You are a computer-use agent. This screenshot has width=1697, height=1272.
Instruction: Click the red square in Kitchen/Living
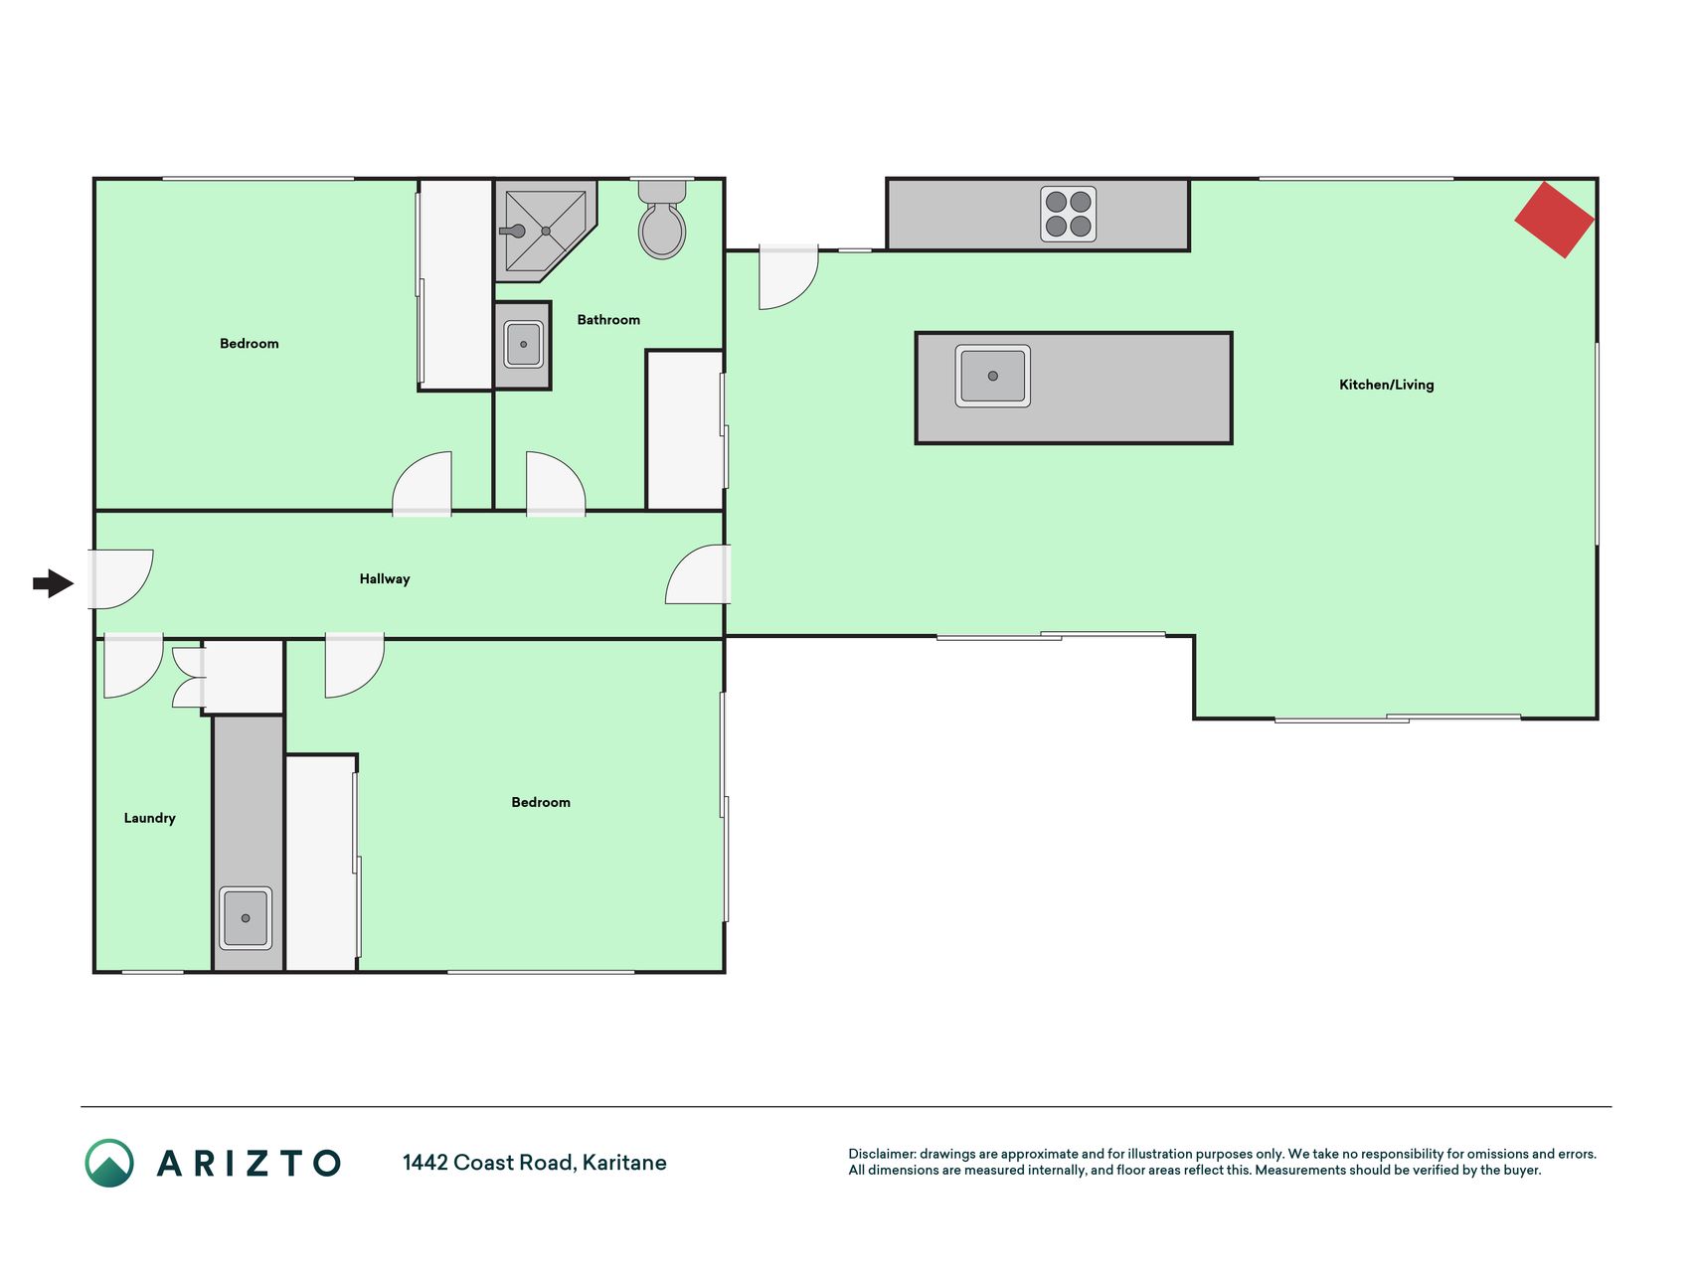tap(1555, 220)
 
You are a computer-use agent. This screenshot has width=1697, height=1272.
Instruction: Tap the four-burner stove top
tap(1069, 214)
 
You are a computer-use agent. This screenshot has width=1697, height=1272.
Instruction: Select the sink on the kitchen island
tap(993, 376)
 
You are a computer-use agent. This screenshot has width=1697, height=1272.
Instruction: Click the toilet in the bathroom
tap(662, 220)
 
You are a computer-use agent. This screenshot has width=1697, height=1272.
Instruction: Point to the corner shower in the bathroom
tap(545, 231)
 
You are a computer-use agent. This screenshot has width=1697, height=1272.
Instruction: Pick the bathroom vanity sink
tap(524, 345)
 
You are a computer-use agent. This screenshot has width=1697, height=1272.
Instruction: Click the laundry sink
tap(246, 918)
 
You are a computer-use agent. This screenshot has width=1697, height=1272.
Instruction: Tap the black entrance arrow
tap(54, 583)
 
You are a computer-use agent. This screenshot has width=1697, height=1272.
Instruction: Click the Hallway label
tap(385, 579)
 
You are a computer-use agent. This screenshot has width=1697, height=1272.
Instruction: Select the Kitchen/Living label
tap(1387, 385)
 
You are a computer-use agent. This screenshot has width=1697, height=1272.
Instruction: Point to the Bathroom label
tap(608, 320)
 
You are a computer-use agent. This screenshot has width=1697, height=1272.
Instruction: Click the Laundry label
tap(150, 818)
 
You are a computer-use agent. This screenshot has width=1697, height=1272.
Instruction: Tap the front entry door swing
tap(121, 579)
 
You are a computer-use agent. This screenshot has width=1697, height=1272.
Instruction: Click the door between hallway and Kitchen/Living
tap(698, 574)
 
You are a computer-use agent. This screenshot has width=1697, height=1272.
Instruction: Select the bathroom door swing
tap(556, 484)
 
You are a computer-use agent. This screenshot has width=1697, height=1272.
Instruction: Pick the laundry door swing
tap(133, 665)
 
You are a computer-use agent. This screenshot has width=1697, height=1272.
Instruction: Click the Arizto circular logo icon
tap(109, 1163)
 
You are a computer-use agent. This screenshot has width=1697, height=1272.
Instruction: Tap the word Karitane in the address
tap(624, 1163)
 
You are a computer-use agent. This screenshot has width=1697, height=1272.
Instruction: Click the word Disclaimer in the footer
tap(882, 1154)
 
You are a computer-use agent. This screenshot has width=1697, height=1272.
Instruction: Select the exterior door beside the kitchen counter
tap(788, 277)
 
